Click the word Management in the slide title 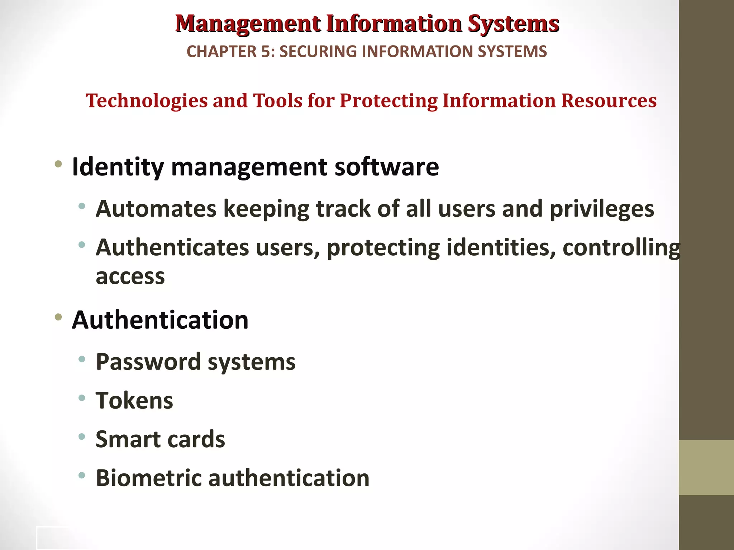248,24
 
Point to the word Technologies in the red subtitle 147,101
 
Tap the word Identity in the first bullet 118,167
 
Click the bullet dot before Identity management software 58,165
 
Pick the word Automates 156,209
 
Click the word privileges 602,209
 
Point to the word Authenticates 172,248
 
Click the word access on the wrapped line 130,277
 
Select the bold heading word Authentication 160,320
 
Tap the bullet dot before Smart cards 82,436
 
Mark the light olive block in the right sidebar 706,467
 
